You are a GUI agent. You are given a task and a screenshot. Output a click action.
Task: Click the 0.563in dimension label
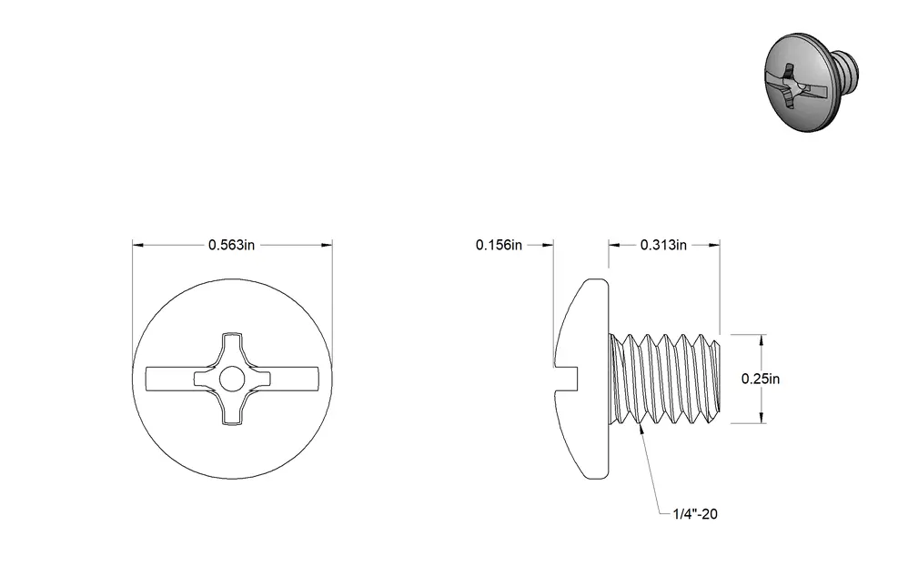point(231,245)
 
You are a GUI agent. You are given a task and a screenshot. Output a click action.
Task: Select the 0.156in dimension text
point(499,245)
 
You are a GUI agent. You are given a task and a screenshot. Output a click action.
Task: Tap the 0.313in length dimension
point(663,245)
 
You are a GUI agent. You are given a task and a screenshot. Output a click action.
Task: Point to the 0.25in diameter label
point(761,379)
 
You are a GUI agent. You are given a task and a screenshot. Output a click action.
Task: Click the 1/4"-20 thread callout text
point(695,514)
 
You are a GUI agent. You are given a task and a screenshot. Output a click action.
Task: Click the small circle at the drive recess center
point(232,379)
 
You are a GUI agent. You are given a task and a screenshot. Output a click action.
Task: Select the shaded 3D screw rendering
point(812,82)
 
